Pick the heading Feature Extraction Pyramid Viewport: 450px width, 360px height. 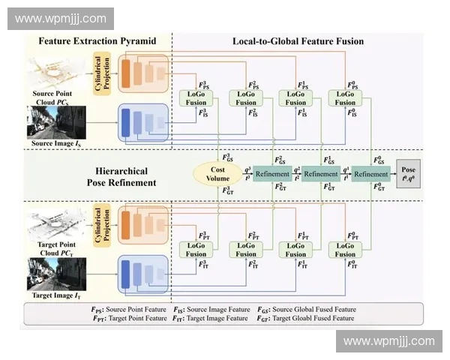click(x=97, y=41)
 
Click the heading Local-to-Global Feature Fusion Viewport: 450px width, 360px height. click(x=298, y=41)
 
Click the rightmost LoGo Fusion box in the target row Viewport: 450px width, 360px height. click(x=345, y=249)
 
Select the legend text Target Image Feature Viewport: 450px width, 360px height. click(x=217, y=318)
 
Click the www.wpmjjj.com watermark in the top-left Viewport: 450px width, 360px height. click(x=60, y=18)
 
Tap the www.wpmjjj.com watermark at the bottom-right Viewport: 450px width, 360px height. click(x=388, y=341)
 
